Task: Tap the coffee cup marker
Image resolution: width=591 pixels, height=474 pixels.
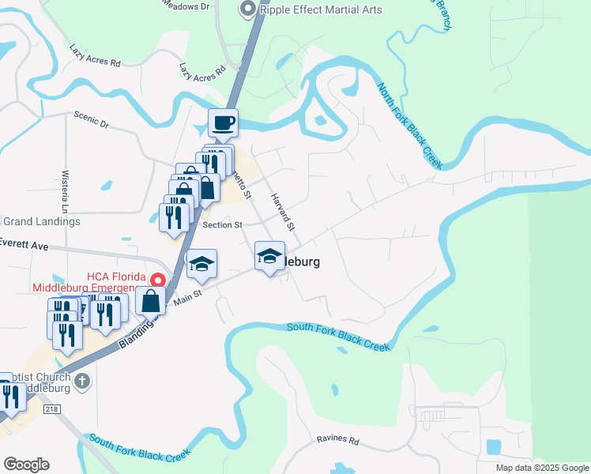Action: click(x=222, y=122)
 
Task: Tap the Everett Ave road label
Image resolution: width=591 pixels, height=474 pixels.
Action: click(x=24, y=245)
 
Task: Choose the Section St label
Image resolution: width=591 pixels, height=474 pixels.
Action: click(x=222, y=225)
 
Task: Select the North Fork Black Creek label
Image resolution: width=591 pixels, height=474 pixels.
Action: click(x=408, y=126)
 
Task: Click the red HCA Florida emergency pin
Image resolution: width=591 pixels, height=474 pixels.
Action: click(x=158, y=280)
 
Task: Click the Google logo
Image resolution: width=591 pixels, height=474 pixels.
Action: click(x=26, y=465)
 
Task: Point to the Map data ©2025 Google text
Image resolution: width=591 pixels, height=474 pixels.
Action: click(x=542, y=468)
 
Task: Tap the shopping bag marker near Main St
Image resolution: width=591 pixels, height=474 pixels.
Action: click(x=150, y=301)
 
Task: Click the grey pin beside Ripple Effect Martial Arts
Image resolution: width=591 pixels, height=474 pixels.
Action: click(x=247, y=9)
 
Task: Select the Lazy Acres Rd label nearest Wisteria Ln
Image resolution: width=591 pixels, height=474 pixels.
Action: click(x=94, y=55)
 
